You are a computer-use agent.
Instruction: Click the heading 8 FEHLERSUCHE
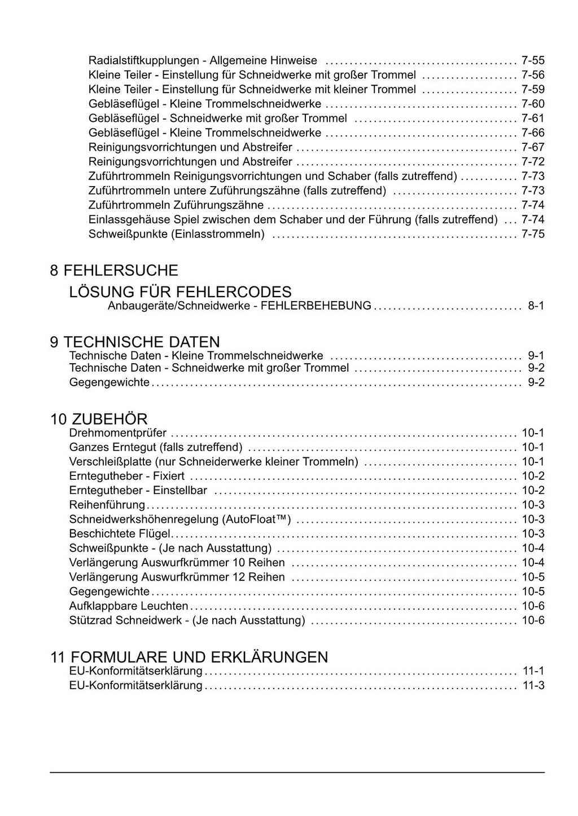tap(113, 271)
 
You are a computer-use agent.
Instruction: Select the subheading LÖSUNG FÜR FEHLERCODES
tap(180, 292)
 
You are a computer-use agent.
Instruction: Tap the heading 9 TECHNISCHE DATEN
tap(135, 342)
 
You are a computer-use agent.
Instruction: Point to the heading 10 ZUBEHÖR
tap(99, 420)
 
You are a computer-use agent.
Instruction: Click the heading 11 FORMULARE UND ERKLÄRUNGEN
tap(189, 658)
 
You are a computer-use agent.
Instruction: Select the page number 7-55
tap(533, 60)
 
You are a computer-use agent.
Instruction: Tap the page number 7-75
tap(533, 234)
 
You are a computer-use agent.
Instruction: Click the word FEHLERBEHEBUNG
tap(316, 306)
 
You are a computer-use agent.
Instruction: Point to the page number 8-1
tap(536, 306)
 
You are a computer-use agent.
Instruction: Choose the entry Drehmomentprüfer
tap(117, 433)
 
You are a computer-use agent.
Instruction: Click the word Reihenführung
tap(107, 505)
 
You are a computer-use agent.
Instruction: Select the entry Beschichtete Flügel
tap(119, 533)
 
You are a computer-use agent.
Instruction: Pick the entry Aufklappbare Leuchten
tap(128, 606)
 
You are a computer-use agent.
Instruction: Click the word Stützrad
tap(90, 621)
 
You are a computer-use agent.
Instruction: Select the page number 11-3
tap(533, 686)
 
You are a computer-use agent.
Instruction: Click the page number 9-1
tap(536, 356)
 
